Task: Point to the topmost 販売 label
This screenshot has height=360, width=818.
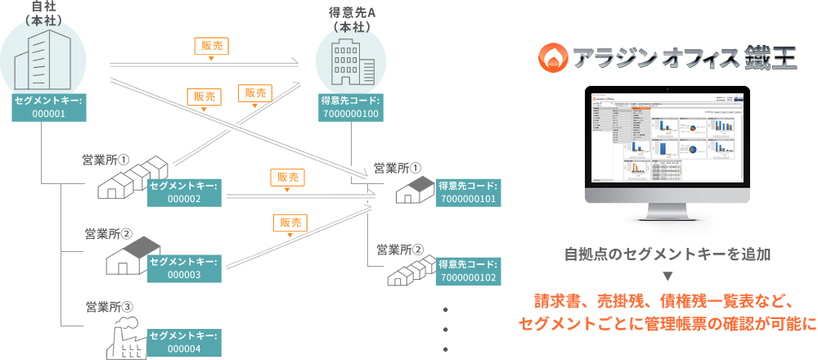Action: click(210, 46)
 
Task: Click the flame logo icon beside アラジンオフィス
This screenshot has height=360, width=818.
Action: click(552, 59)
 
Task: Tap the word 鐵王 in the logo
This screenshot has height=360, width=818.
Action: click(771, 59)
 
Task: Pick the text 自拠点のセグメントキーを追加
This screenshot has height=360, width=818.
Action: click(667, 254)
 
